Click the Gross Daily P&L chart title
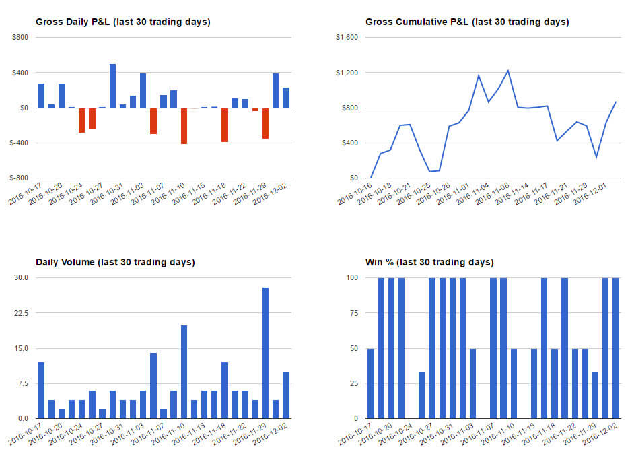123,22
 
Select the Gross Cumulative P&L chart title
467,22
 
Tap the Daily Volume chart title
114,262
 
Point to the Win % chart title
429,262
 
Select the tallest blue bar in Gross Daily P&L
112,86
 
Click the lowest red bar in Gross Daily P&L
184,126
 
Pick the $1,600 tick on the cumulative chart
347,38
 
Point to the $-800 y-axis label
20,178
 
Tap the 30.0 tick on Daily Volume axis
21,278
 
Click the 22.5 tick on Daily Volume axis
21,313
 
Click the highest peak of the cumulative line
508,70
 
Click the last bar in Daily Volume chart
286,395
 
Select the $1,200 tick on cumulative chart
347,73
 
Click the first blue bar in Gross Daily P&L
41,96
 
